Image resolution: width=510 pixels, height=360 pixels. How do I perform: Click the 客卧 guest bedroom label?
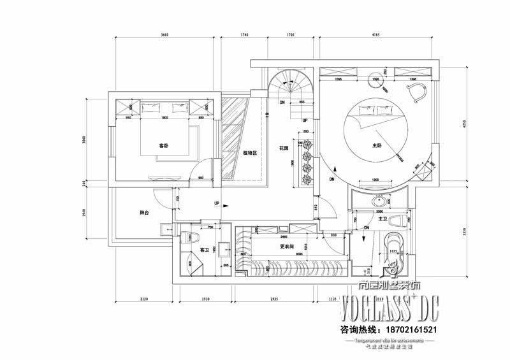tap(163, 145)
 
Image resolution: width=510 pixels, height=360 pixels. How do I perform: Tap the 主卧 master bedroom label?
tap(376, 145)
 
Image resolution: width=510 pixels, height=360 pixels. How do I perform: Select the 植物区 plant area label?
tap(249, 153)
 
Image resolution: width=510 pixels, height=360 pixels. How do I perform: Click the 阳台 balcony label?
tap(145, 213)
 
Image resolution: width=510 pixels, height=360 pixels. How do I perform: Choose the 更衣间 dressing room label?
tap(287, 246)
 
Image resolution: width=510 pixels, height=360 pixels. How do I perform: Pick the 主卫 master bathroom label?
tap(383, 219)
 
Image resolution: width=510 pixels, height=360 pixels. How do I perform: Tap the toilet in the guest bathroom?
tap(189, 238)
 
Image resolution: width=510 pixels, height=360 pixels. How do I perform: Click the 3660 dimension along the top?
tap(164, 37)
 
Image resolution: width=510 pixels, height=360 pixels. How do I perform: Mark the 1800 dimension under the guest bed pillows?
tap(164, 118)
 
